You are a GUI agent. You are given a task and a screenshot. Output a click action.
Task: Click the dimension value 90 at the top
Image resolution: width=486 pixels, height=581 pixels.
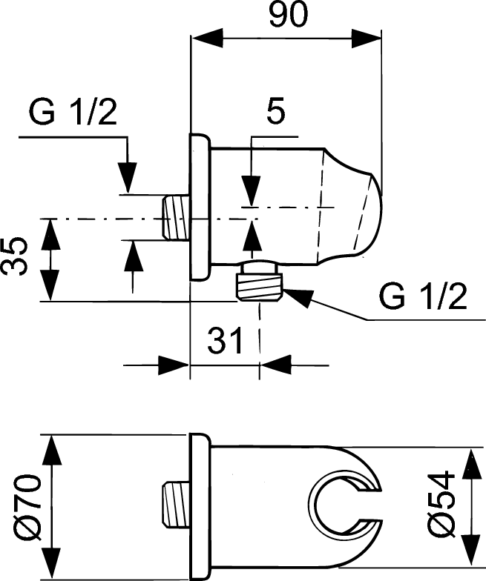(287, 16)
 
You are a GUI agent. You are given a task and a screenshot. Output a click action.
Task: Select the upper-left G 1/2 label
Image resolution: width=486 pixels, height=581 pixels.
(73, 115)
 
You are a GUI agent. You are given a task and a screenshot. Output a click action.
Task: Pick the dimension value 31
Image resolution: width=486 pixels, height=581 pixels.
(225, 342)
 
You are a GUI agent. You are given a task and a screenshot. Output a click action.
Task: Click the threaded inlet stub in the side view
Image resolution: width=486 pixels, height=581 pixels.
(175, 216)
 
